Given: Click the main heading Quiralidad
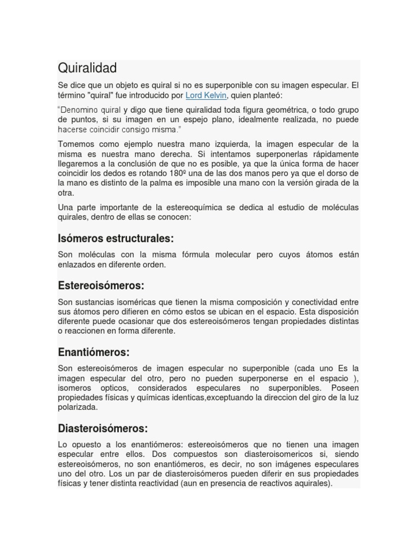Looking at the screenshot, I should [x=87, y=68].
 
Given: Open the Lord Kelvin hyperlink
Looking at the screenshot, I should [x=206, y=95].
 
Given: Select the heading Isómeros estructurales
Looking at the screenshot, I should [x=116, y=238].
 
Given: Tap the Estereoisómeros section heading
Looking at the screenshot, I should [x=101, y=286].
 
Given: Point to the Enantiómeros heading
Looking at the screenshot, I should [x=93, y=352].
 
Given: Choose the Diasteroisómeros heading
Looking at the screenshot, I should [x=103, y=428].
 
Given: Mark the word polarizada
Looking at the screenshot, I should [x=77, y=407].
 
